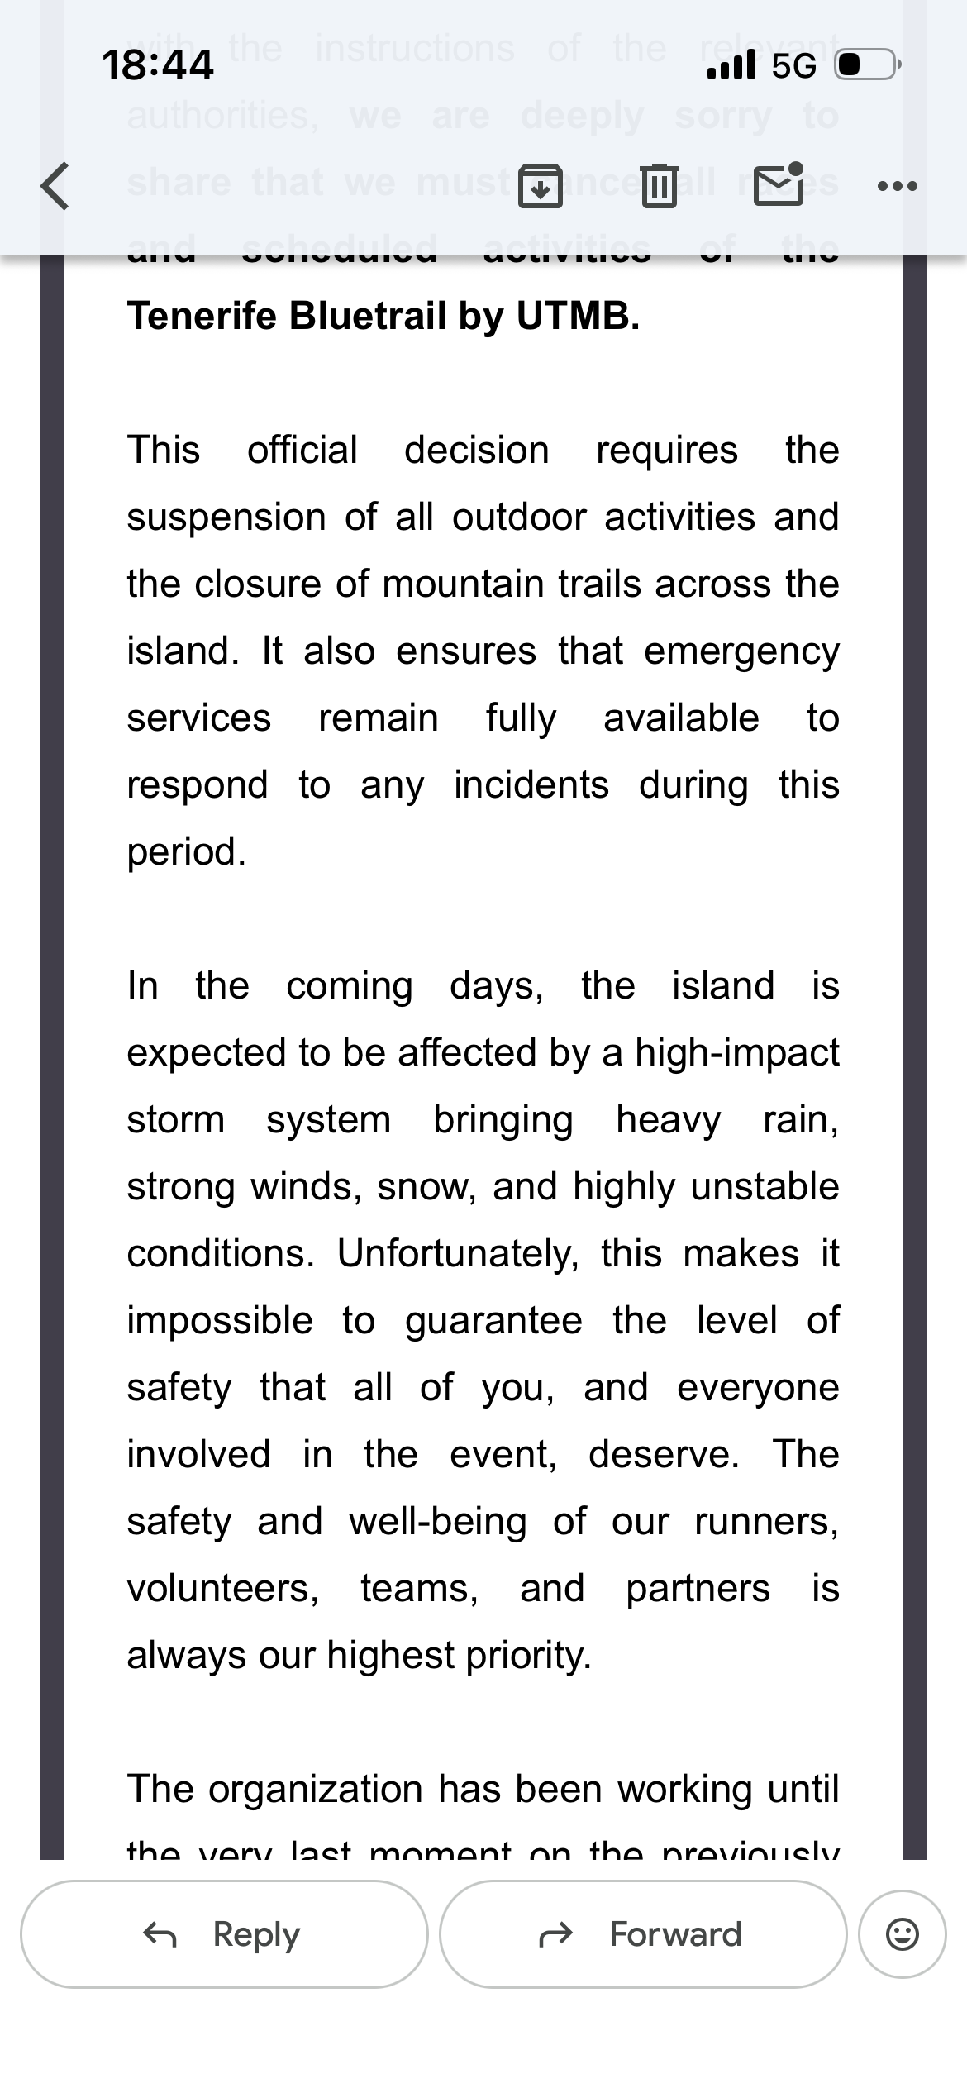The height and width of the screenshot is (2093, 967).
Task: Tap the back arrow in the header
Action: point(55,186)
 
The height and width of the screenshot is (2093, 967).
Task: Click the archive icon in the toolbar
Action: point(540,185)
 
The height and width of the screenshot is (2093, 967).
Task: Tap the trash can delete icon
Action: point(659,185)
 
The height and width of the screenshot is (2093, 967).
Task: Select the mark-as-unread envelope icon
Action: point(779,184)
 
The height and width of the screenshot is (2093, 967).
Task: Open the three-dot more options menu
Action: point(898,186)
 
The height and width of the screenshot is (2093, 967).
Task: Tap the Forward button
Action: point(643,1934)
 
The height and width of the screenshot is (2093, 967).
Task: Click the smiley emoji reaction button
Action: point(902,1934)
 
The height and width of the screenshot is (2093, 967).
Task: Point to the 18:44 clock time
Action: point(157,64)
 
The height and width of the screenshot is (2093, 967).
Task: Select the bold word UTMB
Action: point(578,316)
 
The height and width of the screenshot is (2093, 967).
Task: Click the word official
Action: point(302,451)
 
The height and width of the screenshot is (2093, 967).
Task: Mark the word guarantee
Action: point(493,1321)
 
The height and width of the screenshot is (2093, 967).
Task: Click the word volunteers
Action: point(222,1589)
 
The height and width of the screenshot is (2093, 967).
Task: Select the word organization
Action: point(315,1790)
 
